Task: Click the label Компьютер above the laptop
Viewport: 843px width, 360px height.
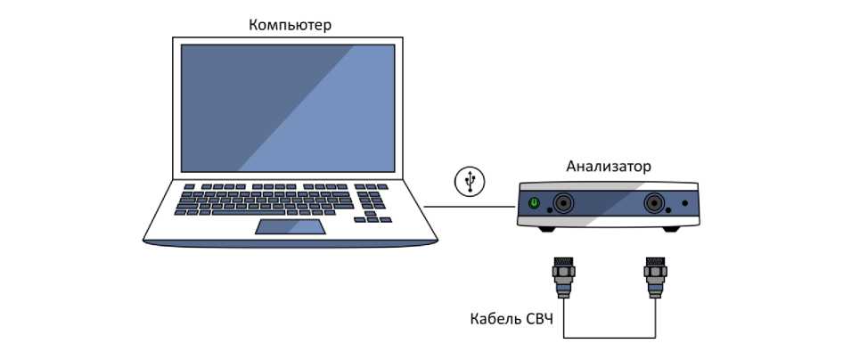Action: [x=290, y=25]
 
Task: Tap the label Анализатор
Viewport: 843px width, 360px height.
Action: [x=609, y=167]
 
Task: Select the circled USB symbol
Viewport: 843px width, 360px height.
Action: [x=470, y=181]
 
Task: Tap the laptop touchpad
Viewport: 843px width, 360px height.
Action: [x=290, y=226]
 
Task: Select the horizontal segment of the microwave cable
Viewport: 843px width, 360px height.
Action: [x=610, y=336]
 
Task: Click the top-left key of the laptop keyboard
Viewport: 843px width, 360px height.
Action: [x=190, y=187]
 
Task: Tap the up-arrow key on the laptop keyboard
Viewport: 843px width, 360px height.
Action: [x=371, y=214]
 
